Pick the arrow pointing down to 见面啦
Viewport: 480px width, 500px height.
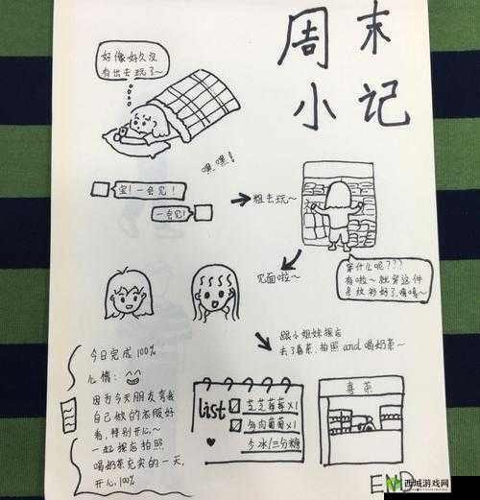click(289, 259)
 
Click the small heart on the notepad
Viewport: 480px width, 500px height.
click(206, 443)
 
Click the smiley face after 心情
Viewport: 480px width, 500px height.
click(132, 377)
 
